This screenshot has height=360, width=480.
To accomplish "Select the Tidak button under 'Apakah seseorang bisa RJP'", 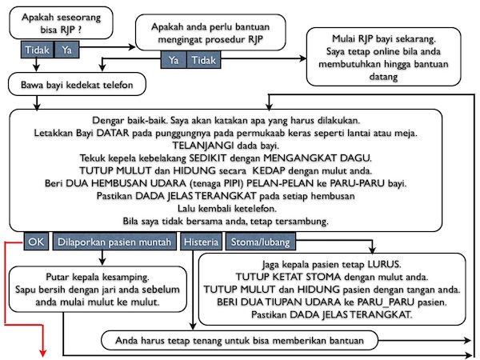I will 36,50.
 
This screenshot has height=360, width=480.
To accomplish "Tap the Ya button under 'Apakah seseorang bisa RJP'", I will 66,50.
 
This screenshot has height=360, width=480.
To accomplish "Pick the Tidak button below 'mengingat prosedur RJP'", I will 205,60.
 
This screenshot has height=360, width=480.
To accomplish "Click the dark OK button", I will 35,240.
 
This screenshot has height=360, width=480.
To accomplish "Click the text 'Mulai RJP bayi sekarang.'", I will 383,38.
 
